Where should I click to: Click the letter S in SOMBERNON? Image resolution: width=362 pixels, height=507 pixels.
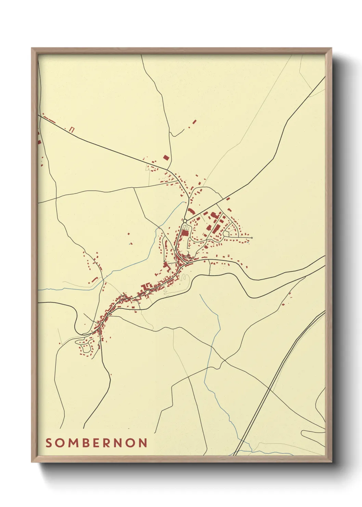pyautogui.click(x=49, y=443)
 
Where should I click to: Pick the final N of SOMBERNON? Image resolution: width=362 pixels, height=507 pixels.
pyautogui.click(x=143, y=443)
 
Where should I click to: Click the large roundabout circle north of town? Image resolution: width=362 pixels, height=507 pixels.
pyautogui.click(x=185, y=221)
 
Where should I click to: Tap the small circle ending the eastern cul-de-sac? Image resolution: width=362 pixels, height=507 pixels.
pyautogui.click(x=251, y=238)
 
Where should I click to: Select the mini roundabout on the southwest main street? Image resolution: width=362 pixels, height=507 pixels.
pyautogui.click(x=108, y=313)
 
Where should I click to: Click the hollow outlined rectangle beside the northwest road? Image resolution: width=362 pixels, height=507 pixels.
pyautogui.click(x=72, y=129)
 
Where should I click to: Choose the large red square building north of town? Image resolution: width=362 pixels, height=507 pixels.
pyautogui.click(x=166, y=158)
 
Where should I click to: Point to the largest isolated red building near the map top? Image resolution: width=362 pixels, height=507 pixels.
pyautogui.click(x=194, y=121)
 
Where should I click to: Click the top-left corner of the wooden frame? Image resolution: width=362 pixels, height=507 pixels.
pyautogui.click(x=32, y=48)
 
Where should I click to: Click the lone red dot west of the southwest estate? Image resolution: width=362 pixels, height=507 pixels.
pyautogui.click(x=60, y=343)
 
